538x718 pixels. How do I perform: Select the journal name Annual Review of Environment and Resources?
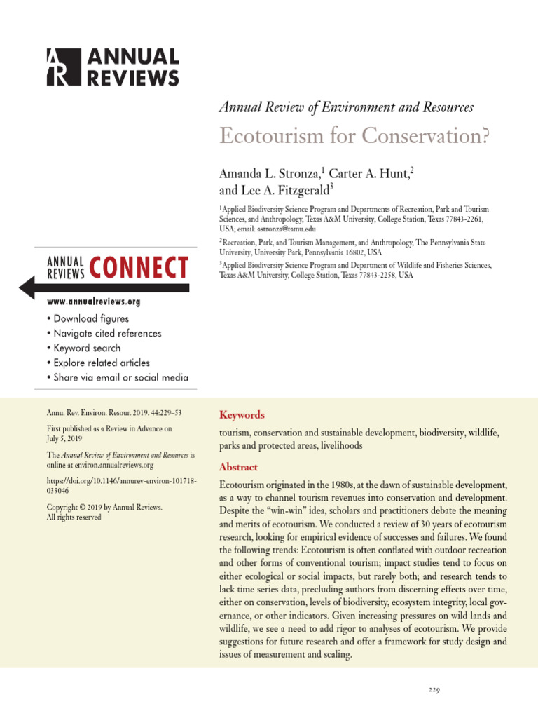[x=346, y=107]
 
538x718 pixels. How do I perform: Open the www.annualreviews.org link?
[x=94, y=302]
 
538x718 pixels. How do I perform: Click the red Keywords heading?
[x=242, y=415]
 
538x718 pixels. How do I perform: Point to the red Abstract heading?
[x=239, y=467]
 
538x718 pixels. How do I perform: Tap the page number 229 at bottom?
[x=434, y=691]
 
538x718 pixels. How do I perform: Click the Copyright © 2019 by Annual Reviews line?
[x=104, y=507]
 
